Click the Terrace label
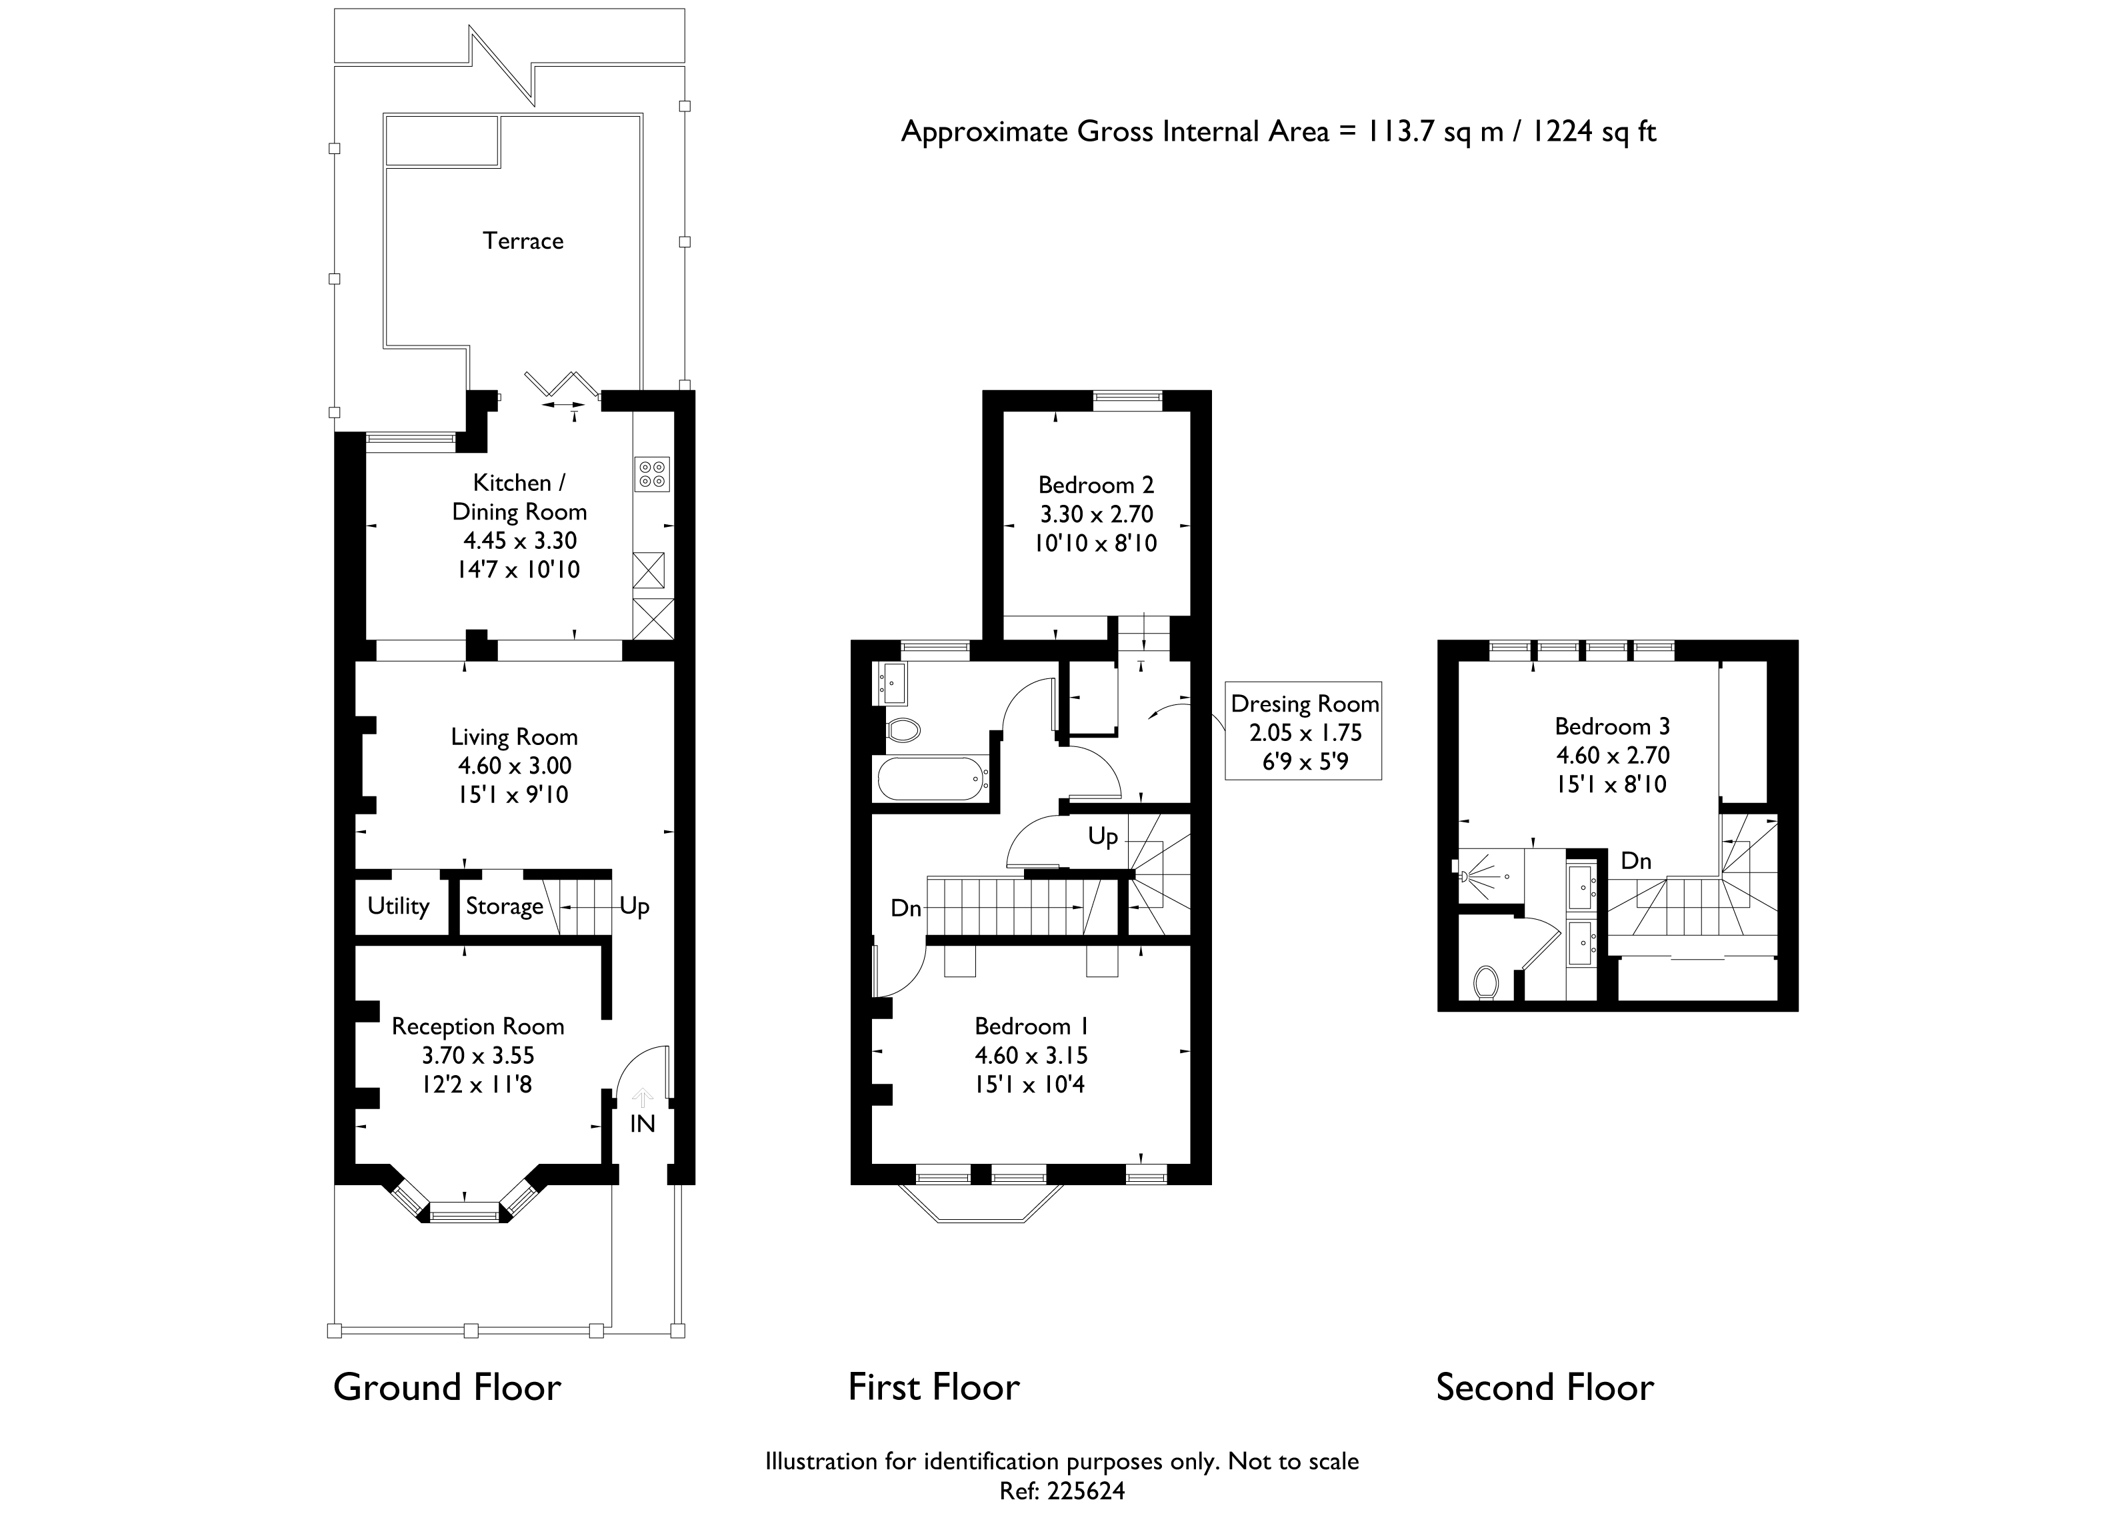click(523, 241)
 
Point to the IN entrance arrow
click(643, 1097)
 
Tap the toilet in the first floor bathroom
click(903, 730)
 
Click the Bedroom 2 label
click(1096, 485)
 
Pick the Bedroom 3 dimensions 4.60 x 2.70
click(1612, 756)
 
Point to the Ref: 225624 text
click(1062, 1491)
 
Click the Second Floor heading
click(1545, 1388)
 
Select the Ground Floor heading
click(447, 1388)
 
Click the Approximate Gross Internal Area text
click(1279, 131)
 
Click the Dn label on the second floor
click(1636, 861)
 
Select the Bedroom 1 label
click(1031, 1027)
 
